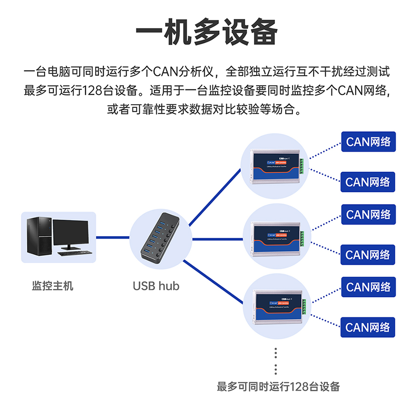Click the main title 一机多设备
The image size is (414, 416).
(207, 33)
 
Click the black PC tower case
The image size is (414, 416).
(38, 235)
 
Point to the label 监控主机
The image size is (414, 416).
(52, 286)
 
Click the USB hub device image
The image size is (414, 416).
(160, 239)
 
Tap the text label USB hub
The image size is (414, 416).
(156, 286)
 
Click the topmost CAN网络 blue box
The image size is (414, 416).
(368, 141)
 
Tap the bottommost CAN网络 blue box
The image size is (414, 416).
(368, 328)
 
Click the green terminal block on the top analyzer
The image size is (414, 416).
(302, 166)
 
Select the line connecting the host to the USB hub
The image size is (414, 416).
(113, 237)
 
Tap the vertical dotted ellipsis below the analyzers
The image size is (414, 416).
(276, 361)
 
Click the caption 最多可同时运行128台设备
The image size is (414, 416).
(278, 387)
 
